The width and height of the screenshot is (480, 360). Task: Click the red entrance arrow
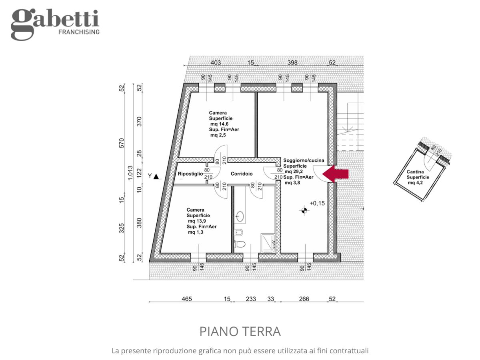point(335,174)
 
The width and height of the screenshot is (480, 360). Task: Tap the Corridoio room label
point(242,174)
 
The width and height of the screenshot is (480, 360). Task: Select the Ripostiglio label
point(190,174)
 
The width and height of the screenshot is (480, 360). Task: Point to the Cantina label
point(415,172)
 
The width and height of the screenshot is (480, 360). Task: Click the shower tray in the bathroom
point(268,243)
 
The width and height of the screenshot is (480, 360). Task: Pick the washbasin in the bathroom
point(240,216)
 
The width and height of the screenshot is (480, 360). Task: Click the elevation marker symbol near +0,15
point(304,210)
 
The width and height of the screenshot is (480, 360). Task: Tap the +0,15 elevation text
point(317,203)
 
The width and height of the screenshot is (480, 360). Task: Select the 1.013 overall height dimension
point(130,173)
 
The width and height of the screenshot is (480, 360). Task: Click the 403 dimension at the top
point(216,63)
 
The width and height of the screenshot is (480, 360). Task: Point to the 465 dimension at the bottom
point(186,299)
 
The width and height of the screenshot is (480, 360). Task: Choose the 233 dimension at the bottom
point(251,299)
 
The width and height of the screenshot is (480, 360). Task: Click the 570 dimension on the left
point(122,143)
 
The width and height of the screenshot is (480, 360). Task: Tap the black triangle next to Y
point(156,176)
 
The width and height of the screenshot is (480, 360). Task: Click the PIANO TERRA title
point(240,331)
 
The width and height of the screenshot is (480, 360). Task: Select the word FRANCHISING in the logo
point(79,32)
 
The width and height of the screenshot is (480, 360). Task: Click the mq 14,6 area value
point(219,124)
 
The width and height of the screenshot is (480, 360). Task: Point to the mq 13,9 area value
point(197,221)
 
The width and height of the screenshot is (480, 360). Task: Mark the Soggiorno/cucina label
point(304,160)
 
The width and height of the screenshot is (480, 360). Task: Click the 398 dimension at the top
point(292,63)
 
